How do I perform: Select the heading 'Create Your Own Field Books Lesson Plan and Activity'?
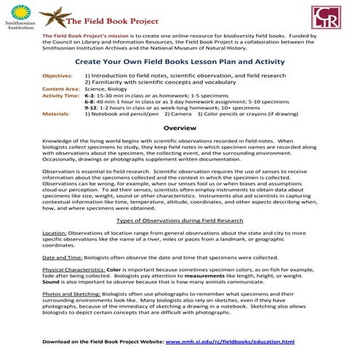[180, 63]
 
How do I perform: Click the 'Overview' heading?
[180, 128]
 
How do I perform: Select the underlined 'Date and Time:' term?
[61, 257]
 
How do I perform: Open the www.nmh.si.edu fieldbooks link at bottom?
[230, 341]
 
